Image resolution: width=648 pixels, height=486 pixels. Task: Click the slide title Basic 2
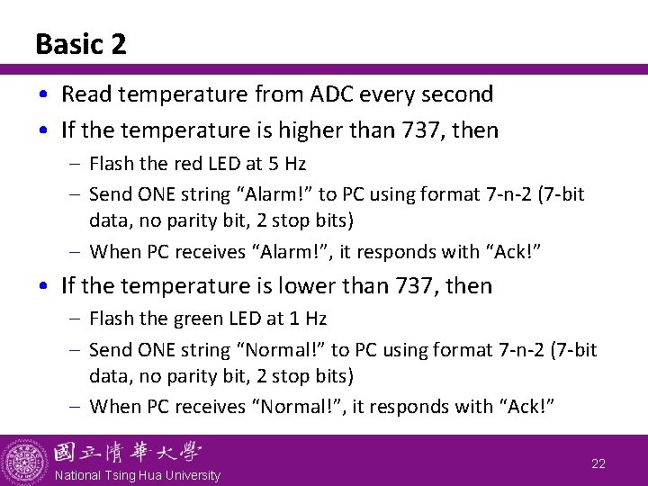[81, 44]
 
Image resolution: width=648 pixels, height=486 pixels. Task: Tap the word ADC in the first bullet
[336, 94]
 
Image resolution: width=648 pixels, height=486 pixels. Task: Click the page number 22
[598, 463]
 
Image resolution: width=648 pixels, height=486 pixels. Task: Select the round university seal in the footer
[24, 461]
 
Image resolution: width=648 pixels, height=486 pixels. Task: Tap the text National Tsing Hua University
[137, 475]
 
